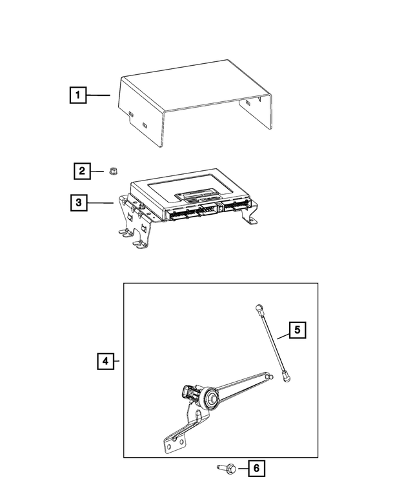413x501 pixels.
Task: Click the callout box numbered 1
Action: (77, 96)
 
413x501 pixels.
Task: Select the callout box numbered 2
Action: (81, 171)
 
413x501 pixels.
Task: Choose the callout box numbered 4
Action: (105, 361)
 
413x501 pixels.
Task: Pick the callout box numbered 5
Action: (296, 331)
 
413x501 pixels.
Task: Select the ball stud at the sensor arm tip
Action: (268, 377)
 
